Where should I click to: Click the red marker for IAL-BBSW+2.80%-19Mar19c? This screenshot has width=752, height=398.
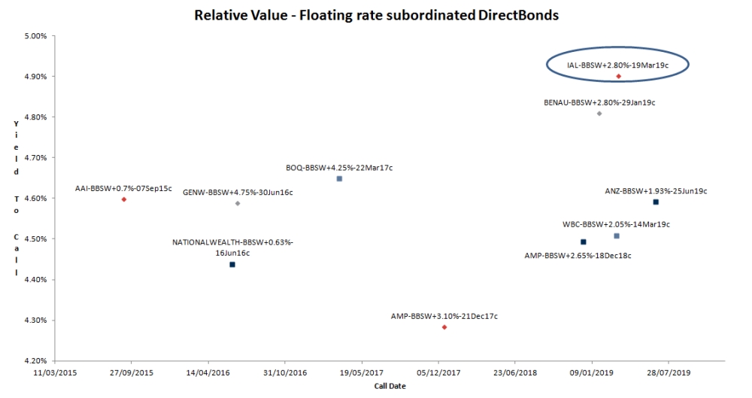618,76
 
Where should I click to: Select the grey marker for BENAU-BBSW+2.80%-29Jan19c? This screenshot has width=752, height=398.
599,114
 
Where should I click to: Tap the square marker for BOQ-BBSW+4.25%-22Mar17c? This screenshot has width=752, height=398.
339,179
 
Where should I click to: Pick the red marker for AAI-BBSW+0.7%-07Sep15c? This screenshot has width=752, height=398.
124,199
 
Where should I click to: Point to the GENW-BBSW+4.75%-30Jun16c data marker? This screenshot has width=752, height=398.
238,203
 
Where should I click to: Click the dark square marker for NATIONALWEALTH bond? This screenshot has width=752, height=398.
232,265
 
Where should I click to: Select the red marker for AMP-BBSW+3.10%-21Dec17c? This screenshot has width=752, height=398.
444,327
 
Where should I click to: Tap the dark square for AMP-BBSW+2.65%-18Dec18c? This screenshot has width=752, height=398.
583,242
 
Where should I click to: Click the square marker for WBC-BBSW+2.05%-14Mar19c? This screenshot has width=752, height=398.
617,236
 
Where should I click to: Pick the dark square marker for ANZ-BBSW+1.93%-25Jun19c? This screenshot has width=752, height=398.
656,202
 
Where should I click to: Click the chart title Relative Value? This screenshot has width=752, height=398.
376,15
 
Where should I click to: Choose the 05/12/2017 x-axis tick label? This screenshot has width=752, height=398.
439,372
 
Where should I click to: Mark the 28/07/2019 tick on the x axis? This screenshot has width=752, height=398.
669,372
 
